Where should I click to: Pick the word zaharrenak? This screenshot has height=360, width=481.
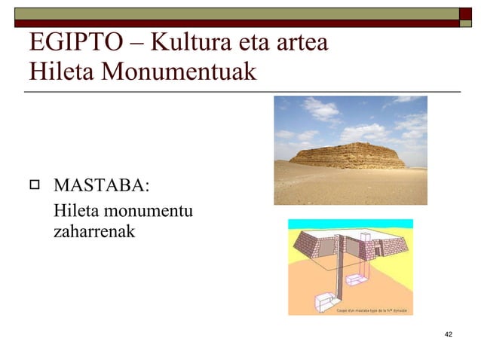pos(94,232)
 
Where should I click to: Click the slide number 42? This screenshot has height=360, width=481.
pos(449,334)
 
